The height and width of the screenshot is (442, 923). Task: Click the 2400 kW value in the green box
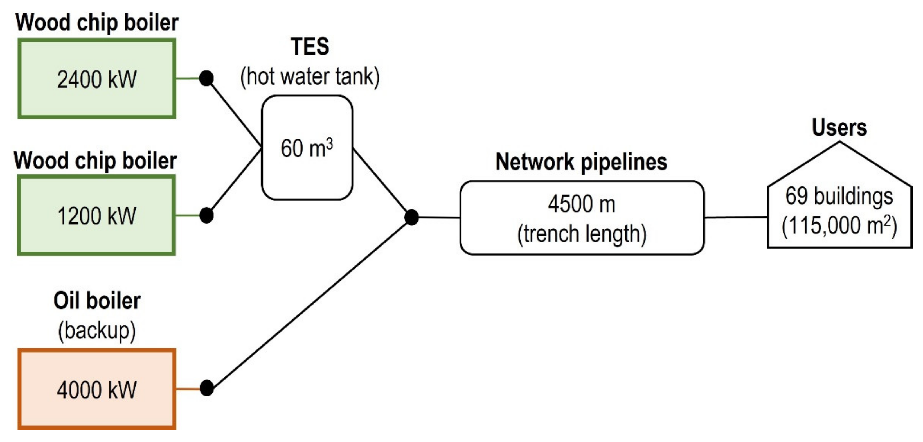(97, 80)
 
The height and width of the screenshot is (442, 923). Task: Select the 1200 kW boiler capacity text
(97, 216)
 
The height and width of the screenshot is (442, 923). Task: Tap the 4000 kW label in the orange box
(97, 390)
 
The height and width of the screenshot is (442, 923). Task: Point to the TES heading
(310, 47)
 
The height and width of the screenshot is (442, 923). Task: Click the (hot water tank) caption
(310, 77)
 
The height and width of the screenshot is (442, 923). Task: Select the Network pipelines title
(581, 162)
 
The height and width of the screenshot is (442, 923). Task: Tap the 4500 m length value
(582, 204)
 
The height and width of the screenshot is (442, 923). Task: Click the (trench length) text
(582, 234)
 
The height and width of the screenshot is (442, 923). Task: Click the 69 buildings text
(839, 196)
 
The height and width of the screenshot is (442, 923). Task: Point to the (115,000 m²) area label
(839, 226)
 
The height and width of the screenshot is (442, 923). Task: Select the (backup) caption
(97, 330)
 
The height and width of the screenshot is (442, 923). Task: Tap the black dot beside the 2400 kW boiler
(206, 78)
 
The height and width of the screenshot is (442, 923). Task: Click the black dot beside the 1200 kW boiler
(206, 215)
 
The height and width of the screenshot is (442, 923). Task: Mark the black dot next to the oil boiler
(206, 388)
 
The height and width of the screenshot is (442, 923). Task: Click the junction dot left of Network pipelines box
(411, 217)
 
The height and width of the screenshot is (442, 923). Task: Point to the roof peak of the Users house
(839, 143)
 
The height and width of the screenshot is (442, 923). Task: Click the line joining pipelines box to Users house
(735, 217)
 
